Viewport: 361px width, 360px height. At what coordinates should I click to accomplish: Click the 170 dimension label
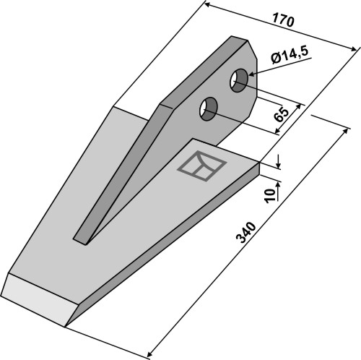pyautogui.click(x=283, y=21)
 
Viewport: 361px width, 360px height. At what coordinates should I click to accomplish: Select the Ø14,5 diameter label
pyautogui.click(x=290, y=55)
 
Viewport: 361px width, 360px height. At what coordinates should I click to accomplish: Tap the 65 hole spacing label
pyautogui.click(x=282, y=115)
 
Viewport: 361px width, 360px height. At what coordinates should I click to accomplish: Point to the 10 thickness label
pyautogui.click(x=269, y=195)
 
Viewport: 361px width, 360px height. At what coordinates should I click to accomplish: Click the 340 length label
pyautogui.click(x=246, y=233)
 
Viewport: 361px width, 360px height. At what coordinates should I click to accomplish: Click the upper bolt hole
pyautogui.click(x=239, y=80)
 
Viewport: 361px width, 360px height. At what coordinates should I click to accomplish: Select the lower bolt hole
pyautogui.click(x=209, y=109)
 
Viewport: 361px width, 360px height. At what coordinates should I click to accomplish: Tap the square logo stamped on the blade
pyautogui.click(x=201, y=166)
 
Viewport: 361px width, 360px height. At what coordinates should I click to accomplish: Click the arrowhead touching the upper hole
pyautogui.click(x=252, y=74)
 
